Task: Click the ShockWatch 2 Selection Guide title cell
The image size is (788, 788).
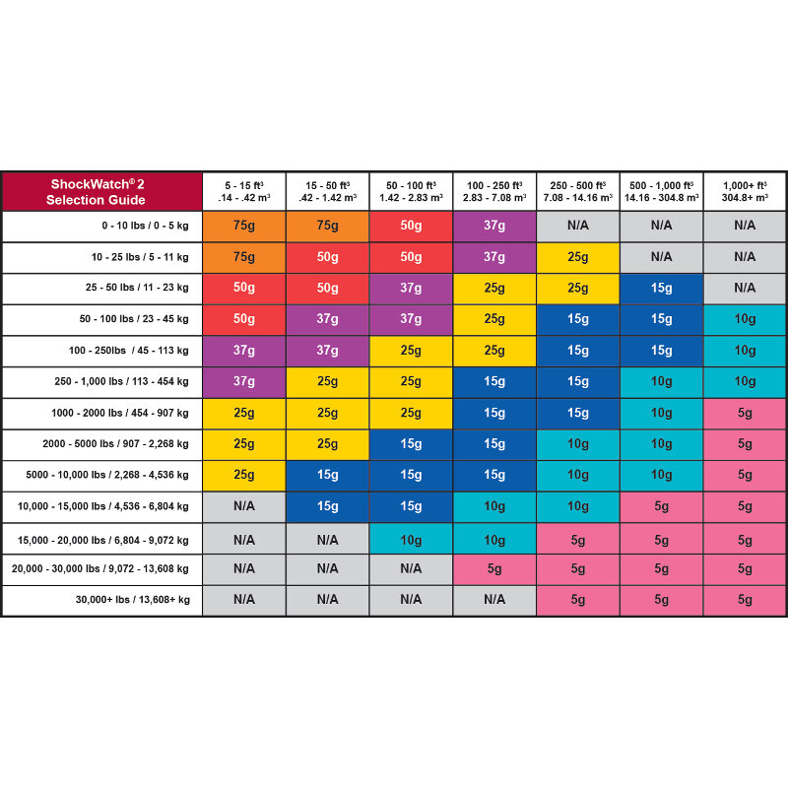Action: coord(101,192)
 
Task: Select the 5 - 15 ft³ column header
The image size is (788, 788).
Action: coord(243,192)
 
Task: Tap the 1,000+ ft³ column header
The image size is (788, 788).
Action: coord(745,192)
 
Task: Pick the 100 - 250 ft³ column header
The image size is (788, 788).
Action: coord(494,192)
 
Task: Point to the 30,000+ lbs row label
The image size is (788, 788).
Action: coord(133,600)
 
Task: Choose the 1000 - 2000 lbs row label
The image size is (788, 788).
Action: coord(120,413)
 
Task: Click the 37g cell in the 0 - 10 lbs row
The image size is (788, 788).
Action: coord(494,226)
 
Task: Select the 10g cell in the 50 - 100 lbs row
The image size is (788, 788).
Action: coord(745,319)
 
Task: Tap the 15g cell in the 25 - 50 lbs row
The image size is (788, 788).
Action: coord(661,288)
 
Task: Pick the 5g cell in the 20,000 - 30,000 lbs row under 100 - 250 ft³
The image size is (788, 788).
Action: coord(494,568)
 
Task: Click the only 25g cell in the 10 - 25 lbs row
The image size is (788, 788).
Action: coord(578,257)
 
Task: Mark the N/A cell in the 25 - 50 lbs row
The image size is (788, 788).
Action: coord(745,288)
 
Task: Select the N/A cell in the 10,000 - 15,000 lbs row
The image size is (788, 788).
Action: coord(243,506)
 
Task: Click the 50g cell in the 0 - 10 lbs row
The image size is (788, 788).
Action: coord(411,226)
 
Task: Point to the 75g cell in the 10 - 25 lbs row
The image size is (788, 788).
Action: coord(243,257)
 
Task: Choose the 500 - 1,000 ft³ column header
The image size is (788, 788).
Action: coord(661,192)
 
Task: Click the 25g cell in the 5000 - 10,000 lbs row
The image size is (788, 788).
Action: coord(243,475)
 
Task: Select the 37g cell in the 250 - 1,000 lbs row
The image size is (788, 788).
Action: coord(243,381)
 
